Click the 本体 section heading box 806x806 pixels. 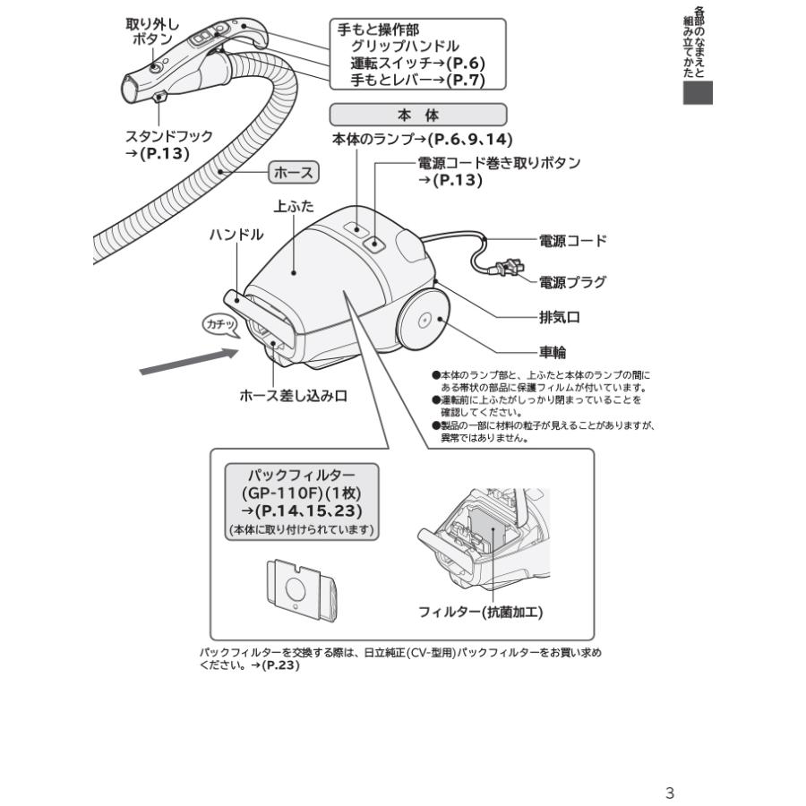coord(418,116)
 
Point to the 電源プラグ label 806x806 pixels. coord(572,282)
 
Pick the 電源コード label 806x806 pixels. coord(572,240)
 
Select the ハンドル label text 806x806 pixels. coord(236,235)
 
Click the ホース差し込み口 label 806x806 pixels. coord(292,397)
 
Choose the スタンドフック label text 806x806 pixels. coord(169,136)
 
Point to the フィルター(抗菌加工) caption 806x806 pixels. coord(481,613)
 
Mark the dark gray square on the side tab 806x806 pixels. coord(698,93)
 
